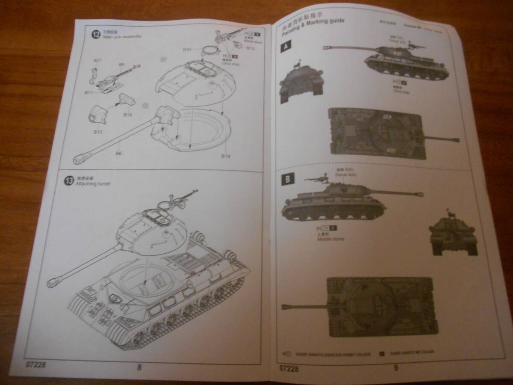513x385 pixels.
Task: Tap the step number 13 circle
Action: pos(69,181)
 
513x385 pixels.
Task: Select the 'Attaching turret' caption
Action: pos(93,184)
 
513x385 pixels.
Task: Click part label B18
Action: pos(226,156)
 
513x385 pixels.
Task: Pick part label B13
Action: pos(98,132)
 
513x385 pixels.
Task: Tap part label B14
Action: pos(128,115)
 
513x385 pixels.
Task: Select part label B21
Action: pos(97,60)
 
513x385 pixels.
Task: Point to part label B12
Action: pos(251,48)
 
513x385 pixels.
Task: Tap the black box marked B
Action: pos(287,180)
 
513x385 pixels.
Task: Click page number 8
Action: pos(139,367)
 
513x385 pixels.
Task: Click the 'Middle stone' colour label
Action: pos(330,239)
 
